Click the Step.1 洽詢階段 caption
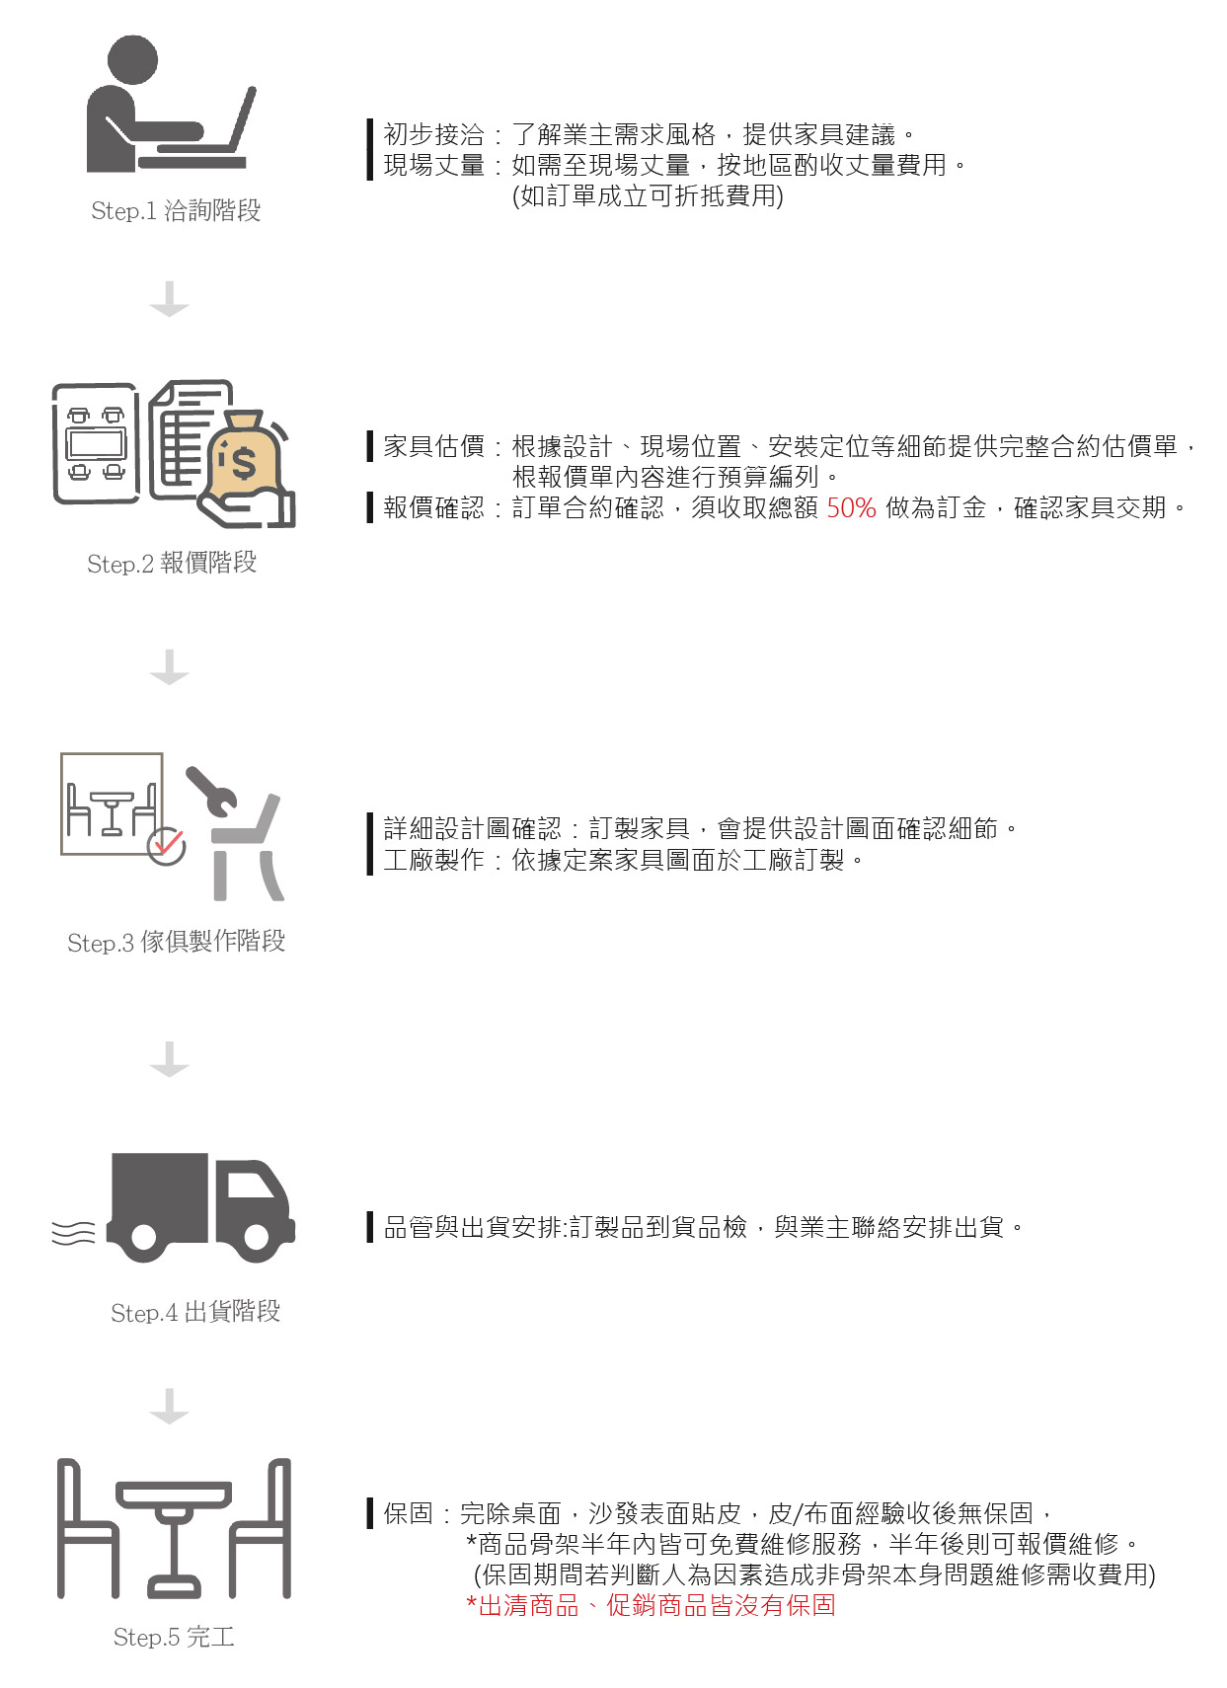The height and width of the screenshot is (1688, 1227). (x=176, y=210)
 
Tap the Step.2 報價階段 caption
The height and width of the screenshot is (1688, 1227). (x=172, y=563)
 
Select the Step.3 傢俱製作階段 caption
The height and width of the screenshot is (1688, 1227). (x=177, y=941)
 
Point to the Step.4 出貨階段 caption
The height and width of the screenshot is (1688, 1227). (x=195, y=1311)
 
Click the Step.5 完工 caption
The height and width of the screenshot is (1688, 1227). (x=174, y=1636)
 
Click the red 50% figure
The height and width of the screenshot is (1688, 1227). (x=851, y=508)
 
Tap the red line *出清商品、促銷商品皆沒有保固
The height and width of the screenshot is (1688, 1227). (x=651, y=1605)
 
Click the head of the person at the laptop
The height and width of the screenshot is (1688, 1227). (x=132, y=59)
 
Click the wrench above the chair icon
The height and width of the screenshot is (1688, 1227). (x=212, y=792)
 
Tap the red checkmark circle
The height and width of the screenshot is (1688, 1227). (x=167, y=846)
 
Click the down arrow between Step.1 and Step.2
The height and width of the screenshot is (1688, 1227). (x=170, y=299)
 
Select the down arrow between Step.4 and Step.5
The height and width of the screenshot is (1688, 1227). (x=170, y=1406)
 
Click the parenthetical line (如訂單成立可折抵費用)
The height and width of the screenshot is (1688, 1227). (x=648, y=195)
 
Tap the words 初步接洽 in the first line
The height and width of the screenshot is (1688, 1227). (x=433, y=134)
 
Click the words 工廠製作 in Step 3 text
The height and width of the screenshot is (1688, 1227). (x=433, y=860)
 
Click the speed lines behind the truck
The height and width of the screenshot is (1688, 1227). (x=73, y=1233)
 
